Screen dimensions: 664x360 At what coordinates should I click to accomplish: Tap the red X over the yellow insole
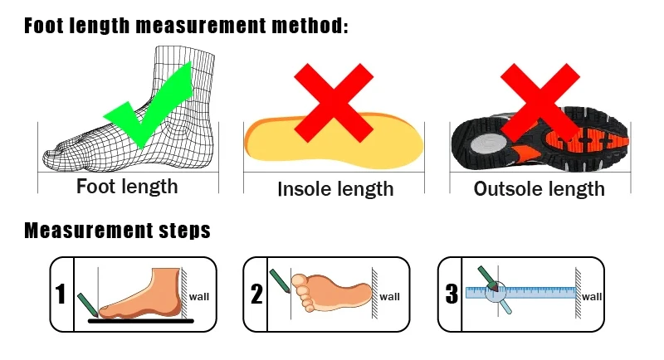coord(334,103)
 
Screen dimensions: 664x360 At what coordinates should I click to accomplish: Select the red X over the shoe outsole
coord(540,103)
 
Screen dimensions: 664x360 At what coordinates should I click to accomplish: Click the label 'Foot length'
coord(127,187)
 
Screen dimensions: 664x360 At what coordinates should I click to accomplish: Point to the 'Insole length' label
coord(335,189)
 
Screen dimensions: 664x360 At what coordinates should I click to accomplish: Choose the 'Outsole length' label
coord(539,188)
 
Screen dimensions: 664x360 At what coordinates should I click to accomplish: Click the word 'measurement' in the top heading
coord(200,27)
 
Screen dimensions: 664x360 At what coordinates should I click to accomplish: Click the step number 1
coord(61,294)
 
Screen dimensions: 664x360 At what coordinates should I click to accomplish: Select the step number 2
coord(256,294)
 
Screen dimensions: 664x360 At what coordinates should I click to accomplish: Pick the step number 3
coord(452,294)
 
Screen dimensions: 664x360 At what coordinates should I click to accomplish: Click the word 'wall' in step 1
coord(199,297)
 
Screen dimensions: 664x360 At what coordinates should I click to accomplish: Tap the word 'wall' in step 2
coord(389,297)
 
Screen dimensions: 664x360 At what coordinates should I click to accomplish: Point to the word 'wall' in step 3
coord(592,297)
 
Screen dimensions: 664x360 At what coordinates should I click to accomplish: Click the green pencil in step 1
coord(88,304)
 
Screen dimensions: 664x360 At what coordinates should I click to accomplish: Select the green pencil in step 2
coord(280,281)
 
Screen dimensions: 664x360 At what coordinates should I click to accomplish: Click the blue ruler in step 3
coord(521,293)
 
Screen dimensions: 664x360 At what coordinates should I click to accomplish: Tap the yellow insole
coord(334,142)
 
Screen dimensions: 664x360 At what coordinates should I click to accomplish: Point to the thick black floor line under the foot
coord(140,321)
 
